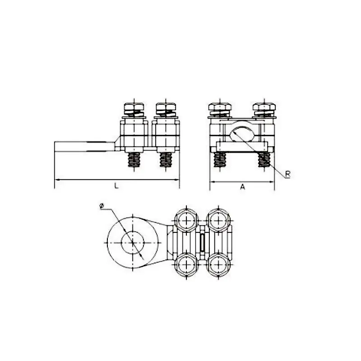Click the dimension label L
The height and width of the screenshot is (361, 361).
coord(116,185)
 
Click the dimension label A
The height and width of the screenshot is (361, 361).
coord(243,187)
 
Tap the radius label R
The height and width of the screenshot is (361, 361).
coord(287,174)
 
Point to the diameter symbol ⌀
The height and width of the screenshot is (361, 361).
coord(102,207)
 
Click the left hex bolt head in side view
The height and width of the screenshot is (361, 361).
coord(134,107)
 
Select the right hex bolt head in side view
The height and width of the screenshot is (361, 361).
coord(166,107)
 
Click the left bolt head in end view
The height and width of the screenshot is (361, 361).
coord(220,107)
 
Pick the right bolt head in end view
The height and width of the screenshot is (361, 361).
coord(264,107)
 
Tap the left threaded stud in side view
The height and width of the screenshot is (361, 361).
coord(134,160)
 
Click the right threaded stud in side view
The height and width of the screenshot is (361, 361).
coord(166,160)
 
